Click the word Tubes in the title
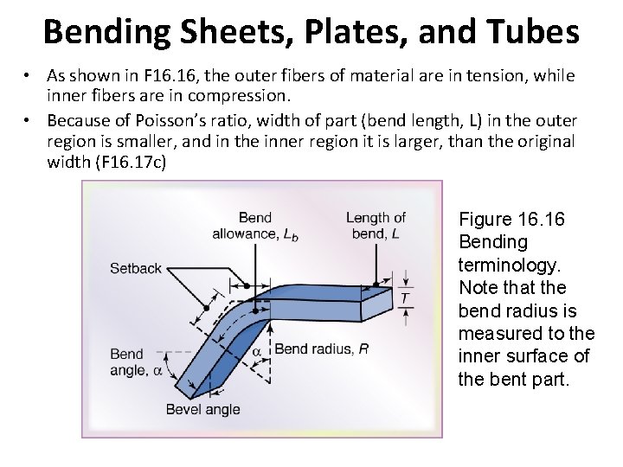535,32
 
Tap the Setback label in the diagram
136,268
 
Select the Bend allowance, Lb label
255,226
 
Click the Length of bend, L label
376,226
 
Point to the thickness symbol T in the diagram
405,298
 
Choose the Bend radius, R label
321,349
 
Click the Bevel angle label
202,409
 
